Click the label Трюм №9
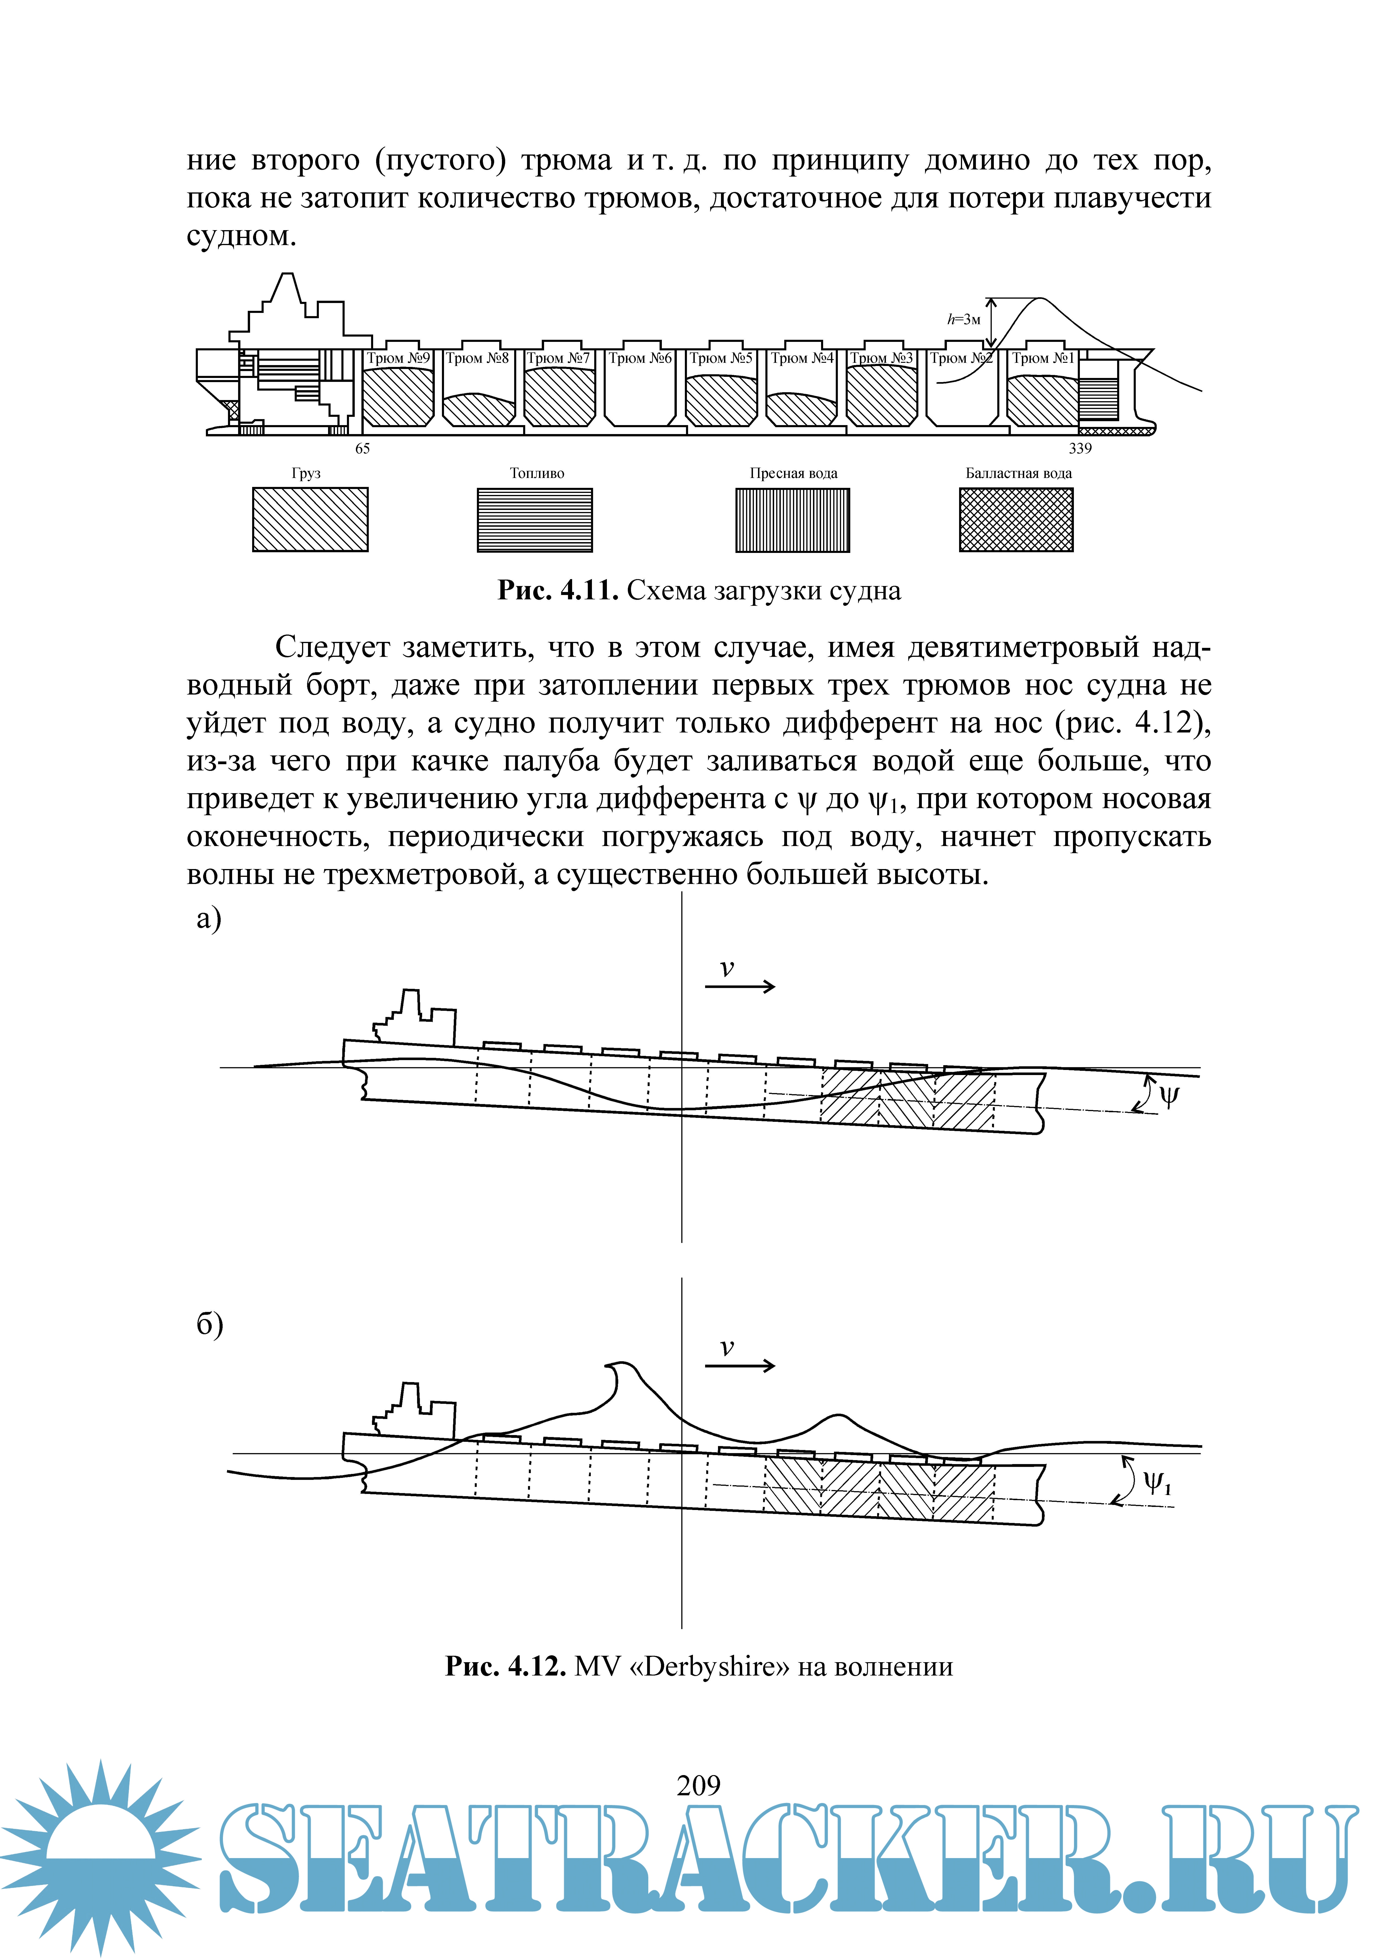point(398,358)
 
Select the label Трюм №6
point(640,358)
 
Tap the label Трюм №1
point(1043,358)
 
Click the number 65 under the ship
point(363,449)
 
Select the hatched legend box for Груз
point(310,520)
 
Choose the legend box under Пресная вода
point(793,520)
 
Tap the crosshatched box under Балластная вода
point(1017,520)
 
